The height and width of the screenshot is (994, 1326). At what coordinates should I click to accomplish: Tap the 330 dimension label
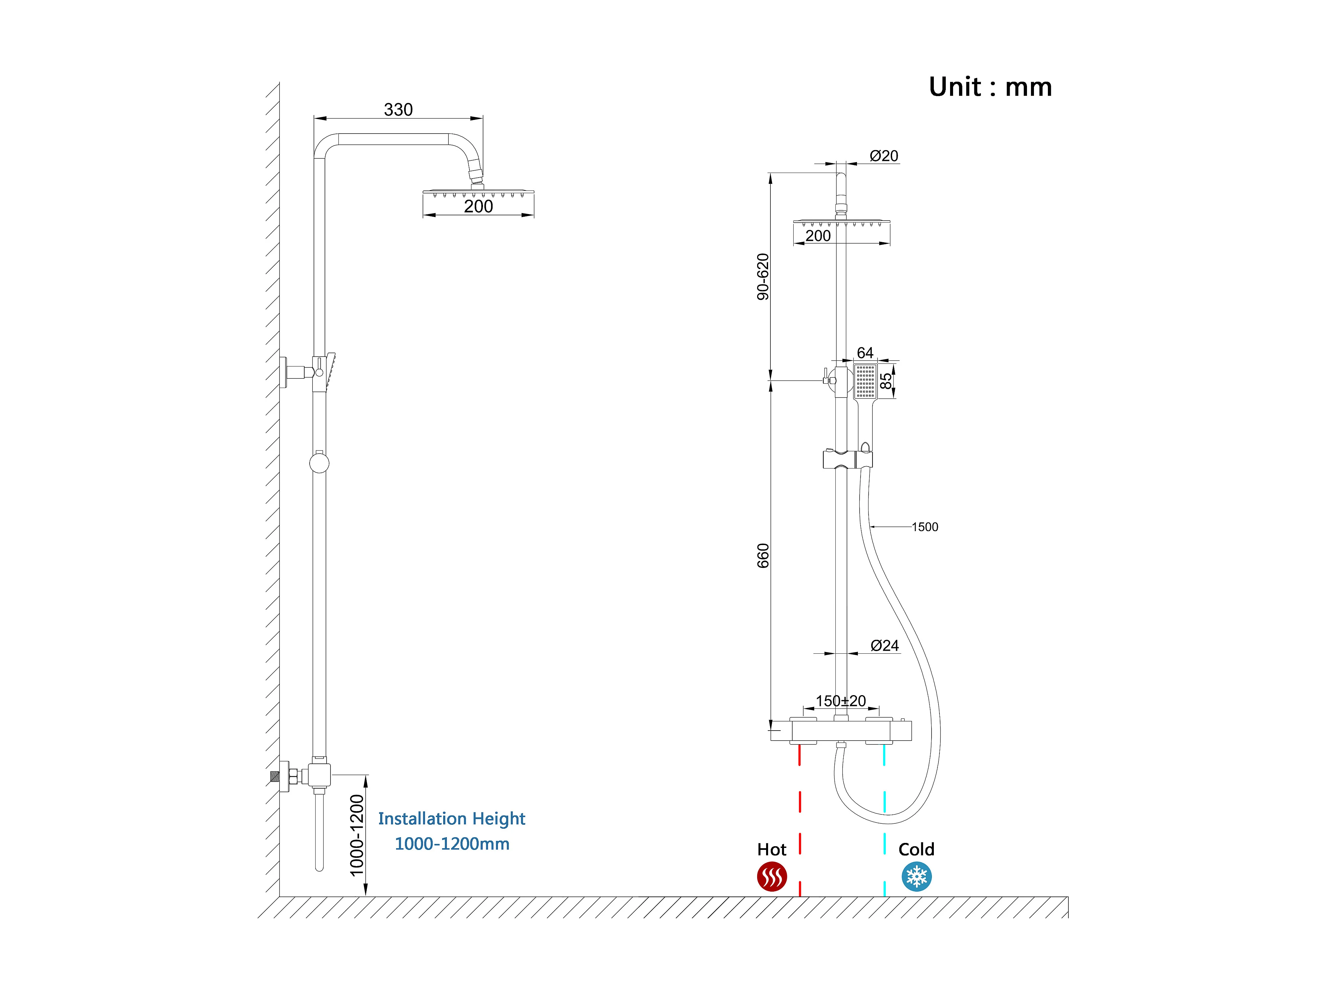click(x=398, y=110)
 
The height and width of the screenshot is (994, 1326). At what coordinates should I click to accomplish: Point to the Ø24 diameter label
click(x=884, y=645)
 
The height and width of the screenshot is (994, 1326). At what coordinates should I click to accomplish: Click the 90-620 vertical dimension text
click(x=762, y=277)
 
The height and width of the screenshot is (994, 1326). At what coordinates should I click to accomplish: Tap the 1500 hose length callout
click(x=925, y=527)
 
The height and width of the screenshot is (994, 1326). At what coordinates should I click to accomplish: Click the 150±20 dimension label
click(x=840, y=700)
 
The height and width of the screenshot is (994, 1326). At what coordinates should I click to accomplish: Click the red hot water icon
click(x=771, y=877)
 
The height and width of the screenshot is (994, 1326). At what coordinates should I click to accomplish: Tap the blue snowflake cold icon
click(x=917, y=877)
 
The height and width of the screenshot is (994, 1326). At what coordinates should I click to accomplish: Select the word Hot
click(x=771, y=850)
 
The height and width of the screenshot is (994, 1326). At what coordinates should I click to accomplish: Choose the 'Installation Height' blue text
click(x=452, y=818)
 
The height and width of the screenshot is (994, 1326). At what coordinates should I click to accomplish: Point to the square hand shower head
click(x=865, y=381)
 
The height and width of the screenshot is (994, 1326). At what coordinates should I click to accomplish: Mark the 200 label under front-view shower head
click(x=818, y=236)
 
